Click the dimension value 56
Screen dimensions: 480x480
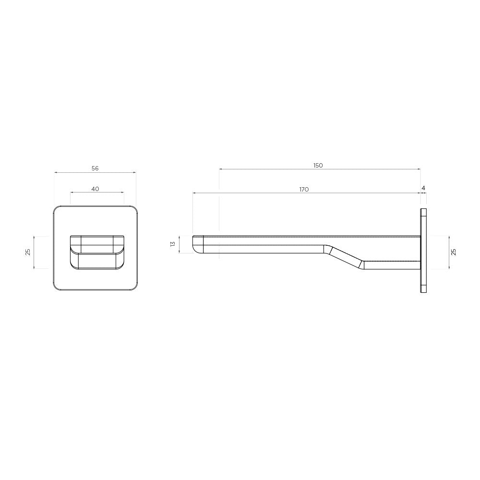[95, 168]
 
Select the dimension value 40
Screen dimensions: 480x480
[95, 189]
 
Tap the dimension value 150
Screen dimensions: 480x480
[318, 165]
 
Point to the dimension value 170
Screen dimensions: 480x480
[304, 190]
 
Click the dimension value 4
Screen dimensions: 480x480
[423, 188]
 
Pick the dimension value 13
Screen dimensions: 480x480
[173, 244]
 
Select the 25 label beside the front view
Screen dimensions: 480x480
[28, 252]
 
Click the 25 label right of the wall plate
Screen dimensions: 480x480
[454, 252]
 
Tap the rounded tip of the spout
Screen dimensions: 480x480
[196, 245]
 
